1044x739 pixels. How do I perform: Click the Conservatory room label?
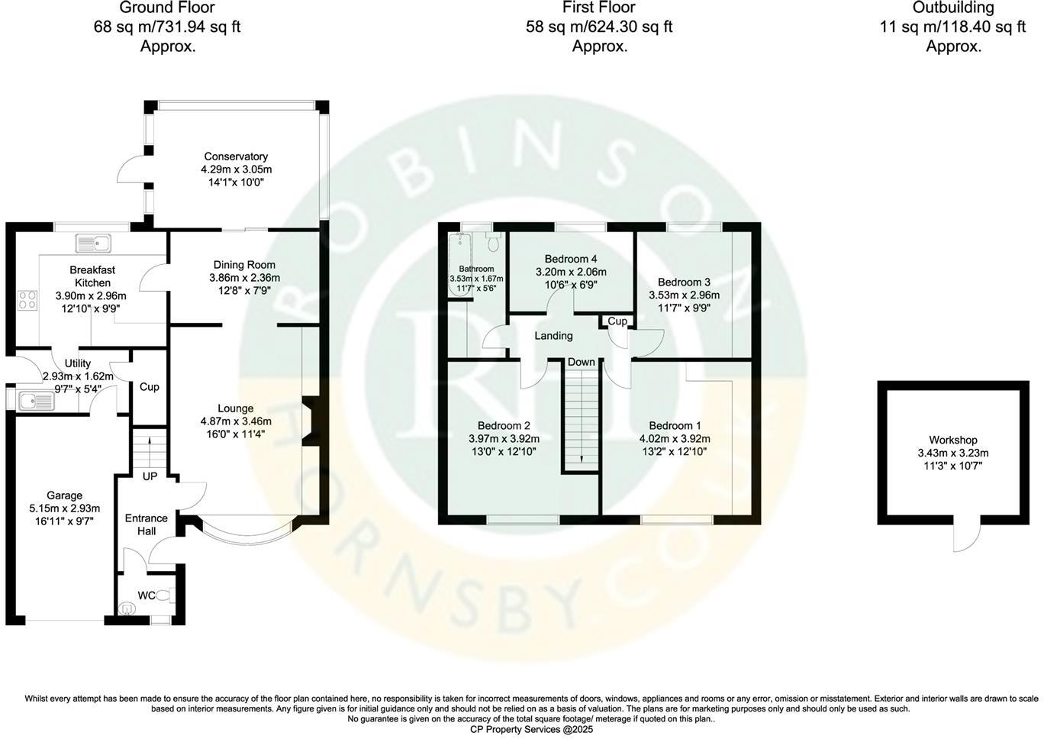[x=236, y=157]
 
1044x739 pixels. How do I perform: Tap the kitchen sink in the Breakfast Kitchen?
[x=94, y=244]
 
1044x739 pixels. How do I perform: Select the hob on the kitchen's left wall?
[x=27, y=299]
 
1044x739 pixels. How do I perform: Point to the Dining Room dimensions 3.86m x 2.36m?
[x=245, y=278]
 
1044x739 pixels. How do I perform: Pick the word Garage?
[x=64, y=495]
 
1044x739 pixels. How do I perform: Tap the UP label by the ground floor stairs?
[x=150, y=476]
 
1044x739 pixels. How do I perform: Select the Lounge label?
[x=235, y=408]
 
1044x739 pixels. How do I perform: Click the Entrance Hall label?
[x=146, y=524]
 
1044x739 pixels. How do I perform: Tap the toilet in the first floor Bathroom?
[x=493, y=243]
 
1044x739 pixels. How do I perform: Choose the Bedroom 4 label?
[x=571, y=259]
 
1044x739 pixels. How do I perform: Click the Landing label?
[x=553, y=336]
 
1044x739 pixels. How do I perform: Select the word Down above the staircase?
[x=582, y=362]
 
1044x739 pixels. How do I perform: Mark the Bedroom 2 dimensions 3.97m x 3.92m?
[x=504, y=439]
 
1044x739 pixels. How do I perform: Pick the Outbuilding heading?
[x=953, y=8]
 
